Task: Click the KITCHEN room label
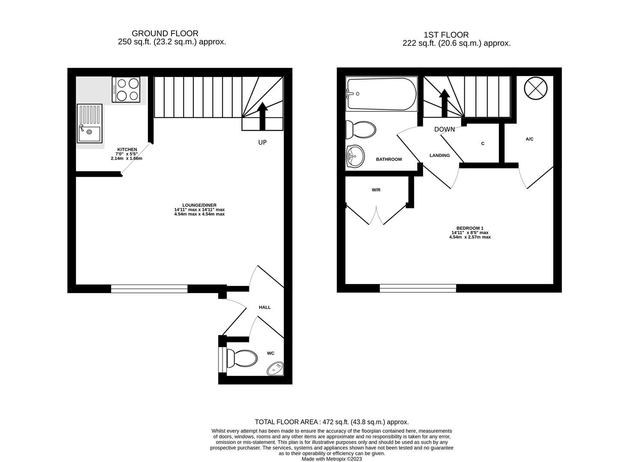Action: coord(127,150)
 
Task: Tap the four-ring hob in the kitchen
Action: coord(126,89)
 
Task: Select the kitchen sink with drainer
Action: coord(90,123)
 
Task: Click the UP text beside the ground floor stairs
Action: coord(262,142)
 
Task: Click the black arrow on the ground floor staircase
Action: coord(262,115)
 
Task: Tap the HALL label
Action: coord(265,307)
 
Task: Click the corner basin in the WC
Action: coord(275,368)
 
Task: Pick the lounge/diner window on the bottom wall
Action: coord(149,289)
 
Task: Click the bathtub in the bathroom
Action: coord(381,94)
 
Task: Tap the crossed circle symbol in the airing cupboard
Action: coord(535,89)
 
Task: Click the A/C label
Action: coord(529,139)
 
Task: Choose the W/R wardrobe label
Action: coord(376,190)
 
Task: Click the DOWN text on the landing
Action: coord(444,129)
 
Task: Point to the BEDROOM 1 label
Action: coord(470,228)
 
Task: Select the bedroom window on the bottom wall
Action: coord(418,289)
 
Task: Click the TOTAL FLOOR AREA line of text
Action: coord(331,422)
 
